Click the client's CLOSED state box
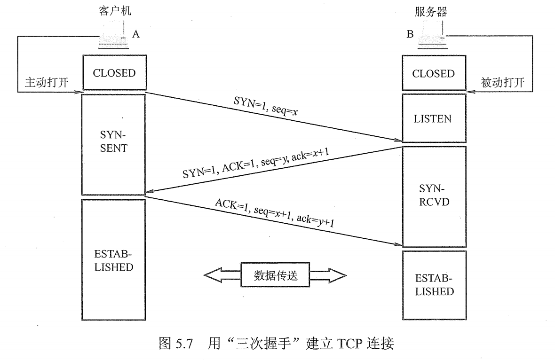point(114,73)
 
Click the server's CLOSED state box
point(433,74)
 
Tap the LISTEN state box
point(434,118)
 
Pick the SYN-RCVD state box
point(433,196)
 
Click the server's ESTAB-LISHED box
point(433,285)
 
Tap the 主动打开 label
point(46,83)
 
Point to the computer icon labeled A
point(114,39)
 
